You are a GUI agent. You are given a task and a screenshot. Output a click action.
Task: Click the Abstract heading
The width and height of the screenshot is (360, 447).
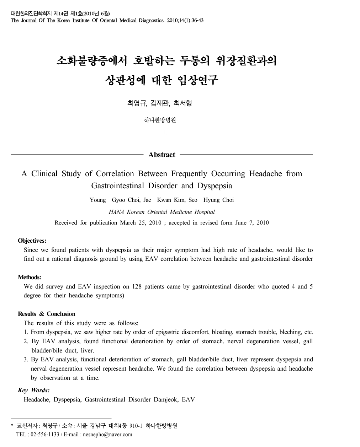[162, 155]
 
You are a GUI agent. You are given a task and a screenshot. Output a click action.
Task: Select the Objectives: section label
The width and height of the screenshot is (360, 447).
[32, 241]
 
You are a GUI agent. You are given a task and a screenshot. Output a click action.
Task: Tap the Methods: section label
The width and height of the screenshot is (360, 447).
[30, 277]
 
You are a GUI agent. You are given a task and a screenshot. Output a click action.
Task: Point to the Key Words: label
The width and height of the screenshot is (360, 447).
[33, 390]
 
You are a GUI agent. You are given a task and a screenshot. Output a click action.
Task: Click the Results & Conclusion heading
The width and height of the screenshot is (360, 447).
[47, 314]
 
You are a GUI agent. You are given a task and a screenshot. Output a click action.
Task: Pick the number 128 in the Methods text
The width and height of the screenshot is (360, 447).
[137, 286]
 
